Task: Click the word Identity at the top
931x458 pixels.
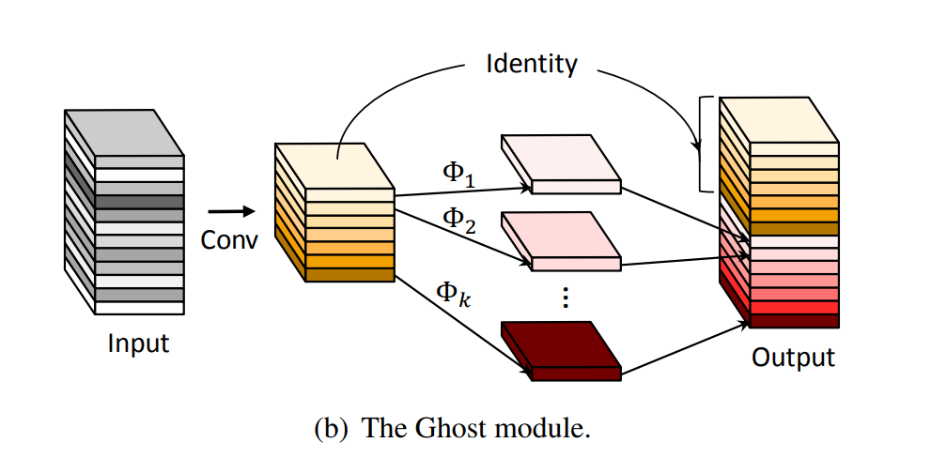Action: tap(531, 65)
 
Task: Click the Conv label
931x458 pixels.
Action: tap(229, 240)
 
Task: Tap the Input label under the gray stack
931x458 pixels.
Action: tap(138, 343)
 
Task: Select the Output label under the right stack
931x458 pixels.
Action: tap(793, 358)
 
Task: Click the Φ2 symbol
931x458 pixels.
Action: tap(460, 220)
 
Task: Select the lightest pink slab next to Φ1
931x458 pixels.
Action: tap(560, 162)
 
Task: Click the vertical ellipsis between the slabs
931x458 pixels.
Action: tap(565, 298)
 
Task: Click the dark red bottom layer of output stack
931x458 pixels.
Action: tap(794, 321)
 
